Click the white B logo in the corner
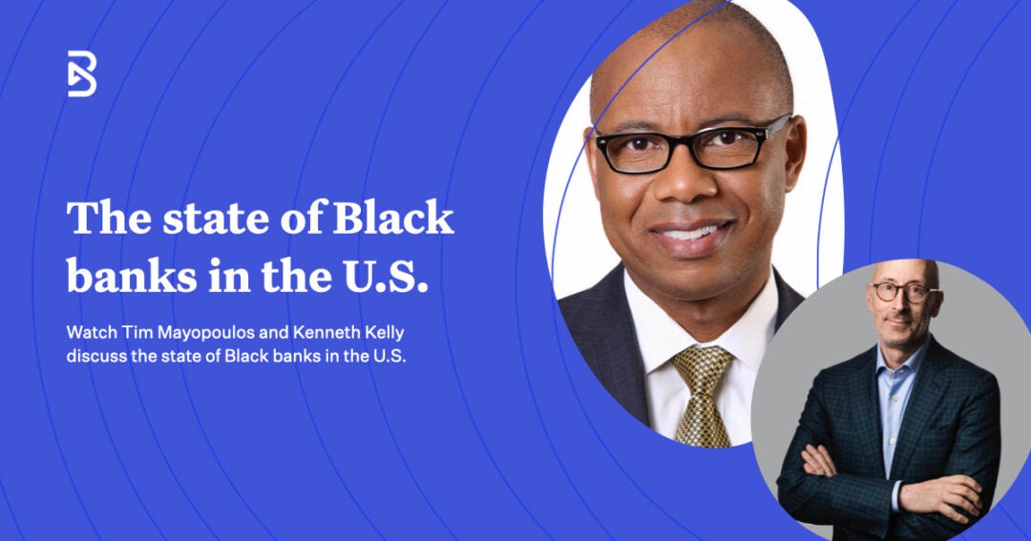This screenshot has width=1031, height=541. point(82,73)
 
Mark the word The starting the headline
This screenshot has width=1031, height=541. point(100,218)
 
